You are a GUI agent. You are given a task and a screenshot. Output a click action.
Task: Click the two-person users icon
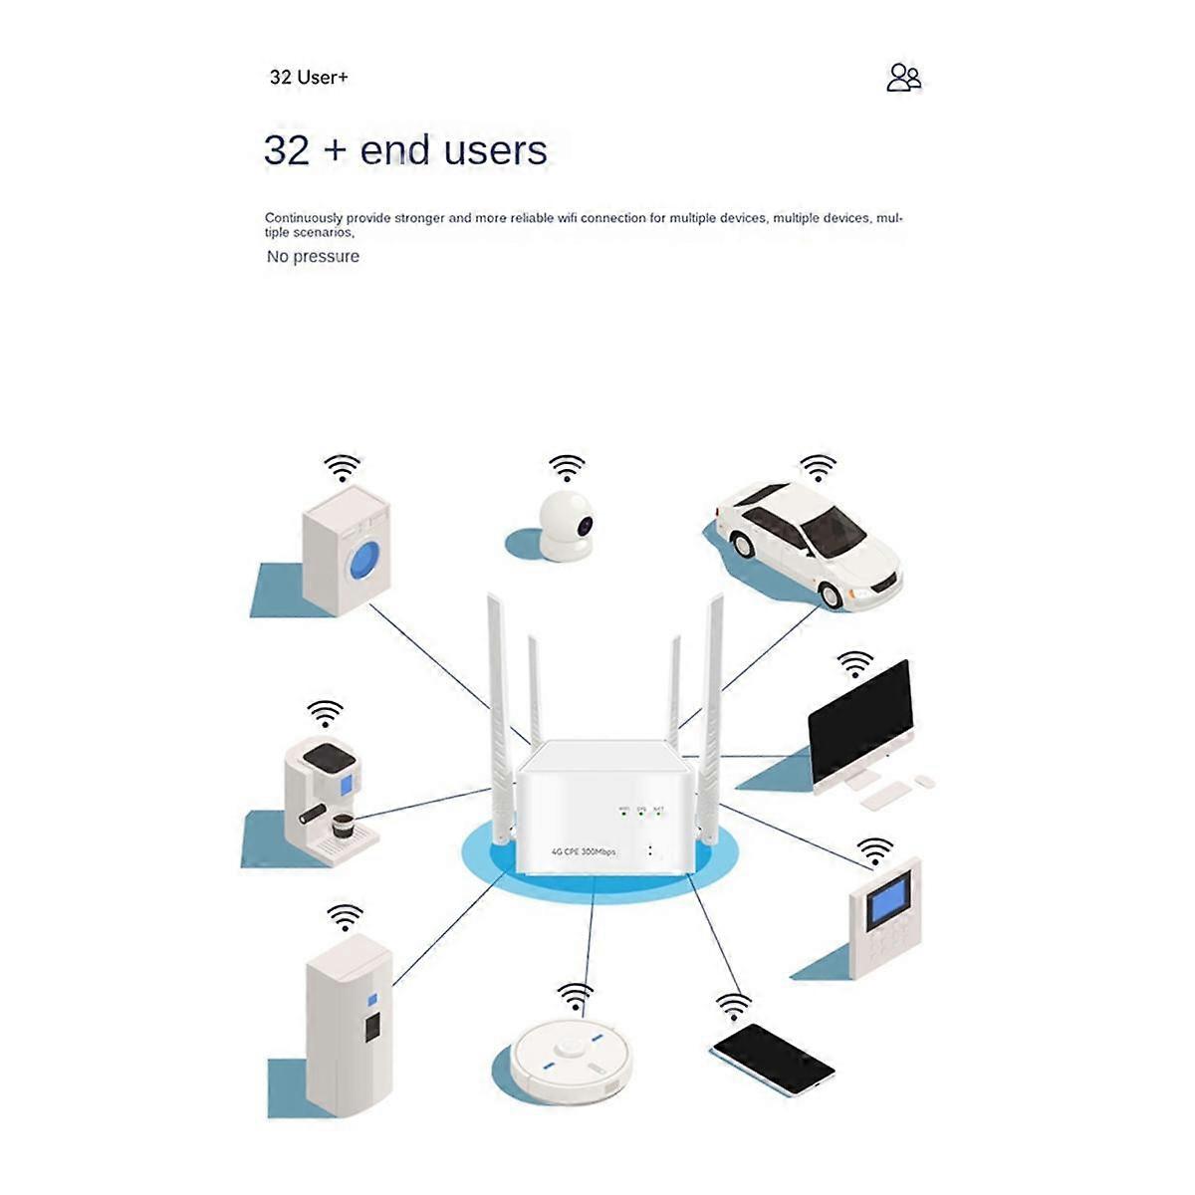click(x=903, y=78)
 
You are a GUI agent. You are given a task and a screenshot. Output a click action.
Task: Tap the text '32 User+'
click(x=309, y=78)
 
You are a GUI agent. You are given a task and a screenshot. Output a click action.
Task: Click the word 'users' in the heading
click(x=495, y=150)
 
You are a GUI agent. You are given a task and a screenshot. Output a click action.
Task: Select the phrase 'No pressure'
click(x=313, y=256)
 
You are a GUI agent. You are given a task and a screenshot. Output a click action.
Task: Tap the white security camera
click(x=566, y=525)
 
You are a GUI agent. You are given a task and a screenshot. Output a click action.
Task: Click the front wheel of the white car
click(x=830, y=595)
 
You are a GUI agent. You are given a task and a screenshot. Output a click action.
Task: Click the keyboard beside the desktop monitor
click(x=885, y=795)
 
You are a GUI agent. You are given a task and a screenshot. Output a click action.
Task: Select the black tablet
click(x=772, y=1059)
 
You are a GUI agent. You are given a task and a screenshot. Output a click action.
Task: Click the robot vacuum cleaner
click(x=571, y=1060)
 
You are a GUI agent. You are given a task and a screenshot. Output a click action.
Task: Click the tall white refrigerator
click(x=349, y=1026)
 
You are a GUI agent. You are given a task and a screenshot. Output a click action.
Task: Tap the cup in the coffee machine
click(x=343, y=825)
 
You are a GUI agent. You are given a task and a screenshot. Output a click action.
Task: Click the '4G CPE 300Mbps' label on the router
click(x=584, y=851)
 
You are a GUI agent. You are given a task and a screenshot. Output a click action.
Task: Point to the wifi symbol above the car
click(x=819, y=467)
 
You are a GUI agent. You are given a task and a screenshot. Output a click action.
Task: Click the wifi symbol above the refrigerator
click(x=346, y=916)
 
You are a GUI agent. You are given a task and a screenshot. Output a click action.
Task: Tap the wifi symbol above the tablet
click(x=734, y=1006)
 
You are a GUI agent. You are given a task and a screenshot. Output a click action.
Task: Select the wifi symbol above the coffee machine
click(x=325, y=713)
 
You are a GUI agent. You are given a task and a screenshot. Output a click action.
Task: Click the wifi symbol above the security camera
click(x=567, y=467)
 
